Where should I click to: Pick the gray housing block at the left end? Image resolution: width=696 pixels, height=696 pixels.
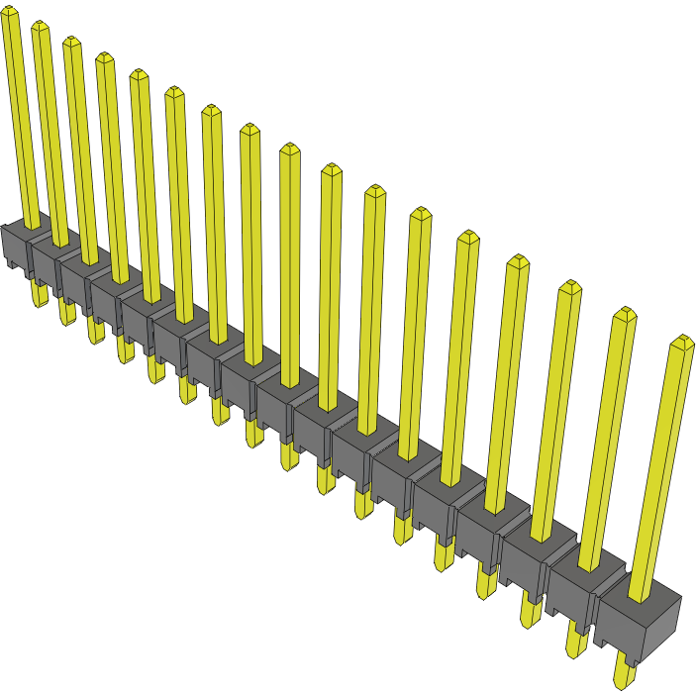tap(15, 247)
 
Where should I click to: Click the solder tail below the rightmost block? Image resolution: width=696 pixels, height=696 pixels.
tap(625, 674)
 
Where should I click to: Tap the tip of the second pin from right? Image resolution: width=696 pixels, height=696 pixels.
tap(624, 314)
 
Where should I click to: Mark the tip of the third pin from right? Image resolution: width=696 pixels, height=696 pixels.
tap(569, 287)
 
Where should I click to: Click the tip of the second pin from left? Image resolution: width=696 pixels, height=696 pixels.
tap(40, 26)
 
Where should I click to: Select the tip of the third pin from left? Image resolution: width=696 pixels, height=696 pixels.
tap(71, 42)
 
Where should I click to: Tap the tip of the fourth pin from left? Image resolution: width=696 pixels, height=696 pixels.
tap(104, 57)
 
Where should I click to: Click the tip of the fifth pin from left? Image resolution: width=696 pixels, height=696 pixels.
tap(138, 74)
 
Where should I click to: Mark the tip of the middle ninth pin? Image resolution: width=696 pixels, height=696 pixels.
tap(289, 149)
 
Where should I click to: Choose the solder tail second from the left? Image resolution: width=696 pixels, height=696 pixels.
tap(66, 313)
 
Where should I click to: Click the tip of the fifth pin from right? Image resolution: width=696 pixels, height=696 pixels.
tap(466, 236)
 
